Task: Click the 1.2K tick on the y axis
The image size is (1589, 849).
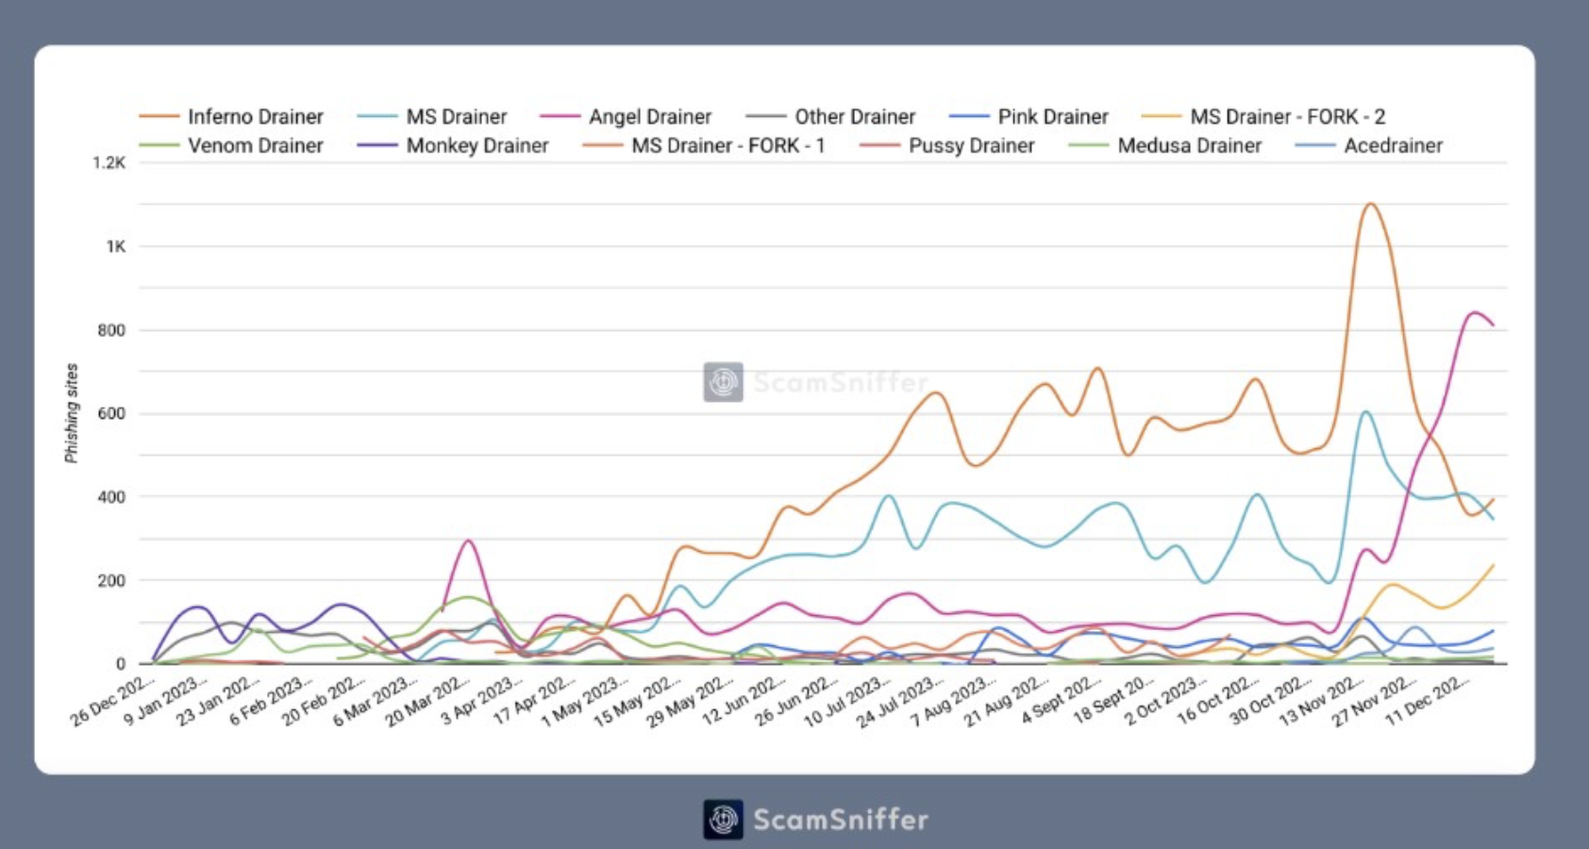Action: pos(109,163)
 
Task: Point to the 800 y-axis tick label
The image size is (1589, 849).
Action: pos(111,330)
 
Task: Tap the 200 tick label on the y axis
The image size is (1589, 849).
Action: pos(111,580)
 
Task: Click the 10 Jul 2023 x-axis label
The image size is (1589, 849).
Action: pos(845,702)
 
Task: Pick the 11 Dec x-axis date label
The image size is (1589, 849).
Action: pos(1428,700)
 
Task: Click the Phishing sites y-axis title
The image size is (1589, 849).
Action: pos(72,413)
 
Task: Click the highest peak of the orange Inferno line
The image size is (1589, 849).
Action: pos(1369,204)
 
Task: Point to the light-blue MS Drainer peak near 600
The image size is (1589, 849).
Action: pos(1364,411)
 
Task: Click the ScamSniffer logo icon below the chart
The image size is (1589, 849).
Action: pos(723,819)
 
